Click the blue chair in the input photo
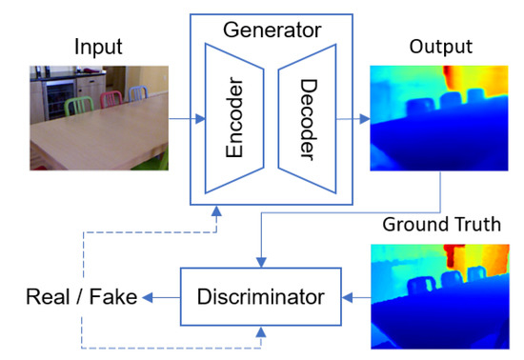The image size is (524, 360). tap(137, 95)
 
